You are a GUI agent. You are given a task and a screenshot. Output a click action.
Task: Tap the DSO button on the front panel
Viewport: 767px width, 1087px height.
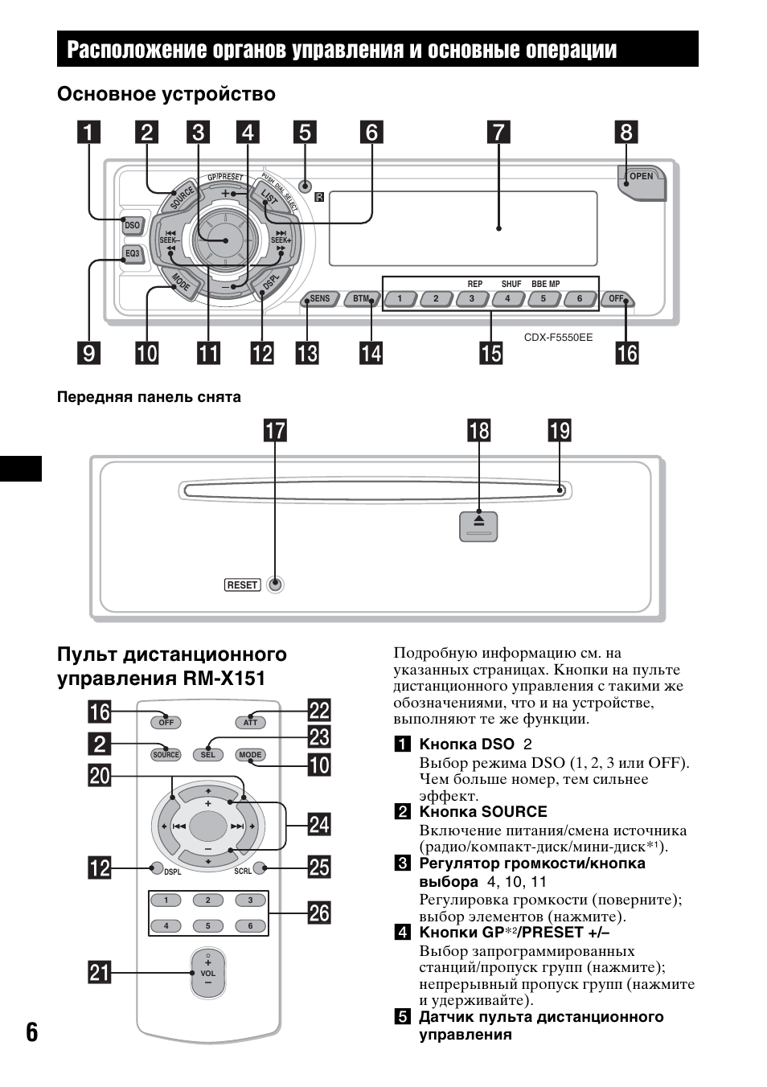click(x=132, y=226)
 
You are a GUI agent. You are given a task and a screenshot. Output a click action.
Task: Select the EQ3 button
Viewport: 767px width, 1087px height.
click(x=132, y=254)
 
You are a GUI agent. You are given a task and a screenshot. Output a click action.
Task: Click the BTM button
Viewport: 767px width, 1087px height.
click(x=361, y=299)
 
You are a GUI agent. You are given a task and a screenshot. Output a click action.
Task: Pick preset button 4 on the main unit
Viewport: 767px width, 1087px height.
click(x=507, y=299)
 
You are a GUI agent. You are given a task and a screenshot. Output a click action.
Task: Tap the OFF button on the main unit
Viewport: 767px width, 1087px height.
click(x=616, y=299)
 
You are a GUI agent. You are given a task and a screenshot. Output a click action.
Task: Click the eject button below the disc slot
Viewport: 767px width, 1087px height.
click(x=478, y=526)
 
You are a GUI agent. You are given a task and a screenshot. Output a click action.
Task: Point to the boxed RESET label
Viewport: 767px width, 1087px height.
click(x=242, y=585)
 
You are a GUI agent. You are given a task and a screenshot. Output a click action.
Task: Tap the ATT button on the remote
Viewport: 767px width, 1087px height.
click(x=251, y=723)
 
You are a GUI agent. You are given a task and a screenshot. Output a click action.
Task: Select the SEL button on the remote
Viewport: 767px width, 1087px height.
click(x=208, y=755)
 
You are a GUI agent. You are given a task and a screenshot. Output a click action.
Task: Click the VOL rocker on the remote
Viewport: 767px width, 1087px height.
click(x=208, y=973)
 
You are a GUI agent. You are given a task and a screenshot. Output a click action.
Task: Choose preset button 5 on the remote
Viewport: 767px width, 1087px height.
click(x=208, y=926)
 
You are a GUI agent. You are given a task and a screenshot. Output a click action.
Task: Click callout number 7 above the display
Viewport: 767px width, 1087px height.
click(x=498, y=133)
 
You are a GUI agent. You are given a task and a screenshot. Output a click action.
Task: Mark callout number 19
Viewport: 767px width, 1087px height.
click(x=560, y=431)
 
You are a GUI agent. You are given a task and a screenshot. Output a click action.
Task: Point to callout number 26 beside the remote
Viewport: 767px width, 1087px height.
click(x=319, y=913)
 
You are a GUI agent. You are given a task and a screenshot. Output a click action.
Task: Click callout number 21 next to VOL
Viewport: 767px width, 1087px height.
click(x=100, y=973)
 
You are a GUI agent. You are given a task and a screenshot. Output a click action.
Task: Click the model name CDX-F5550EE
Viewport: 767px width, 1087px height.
click(x=558, y=338)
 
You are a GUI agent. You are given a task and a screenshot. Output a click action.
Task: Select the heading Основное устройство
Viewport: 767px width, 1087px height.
click(x=166, y=94)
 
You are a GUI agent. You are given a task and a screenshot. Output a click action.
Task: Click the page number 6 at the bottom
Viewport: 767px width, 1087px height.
click(x=31, y=1032)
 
